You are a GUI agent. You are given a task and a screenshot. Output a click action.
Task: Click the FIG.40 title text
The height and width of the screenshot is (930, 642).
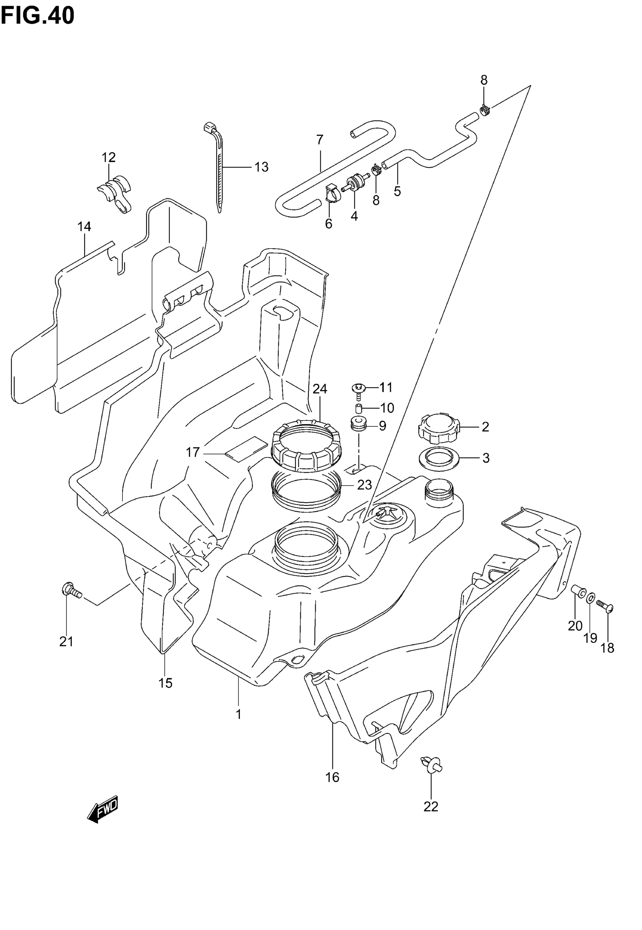[x=37, y=16]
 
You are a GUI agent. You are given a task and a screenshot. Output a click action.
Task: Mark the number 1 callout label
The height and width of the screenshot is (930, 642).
[x=239, y=714]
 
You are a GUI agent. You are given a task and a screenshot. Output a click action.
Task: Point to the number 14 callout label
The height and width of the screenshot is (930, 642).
[x=85, y=227]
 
